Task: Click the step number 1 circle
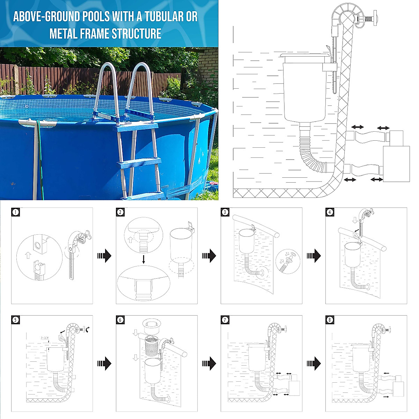pos(15,212)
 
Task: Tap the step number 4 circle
pos(330,212)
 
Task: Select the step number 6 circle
pos(120,320)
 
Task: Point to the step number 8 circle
pos(330,320)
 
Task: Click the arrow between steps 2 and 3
pos(209,256)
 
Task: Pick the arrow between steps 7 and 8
pos(314,363)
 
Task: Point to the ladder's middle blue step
pos(139,163)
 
